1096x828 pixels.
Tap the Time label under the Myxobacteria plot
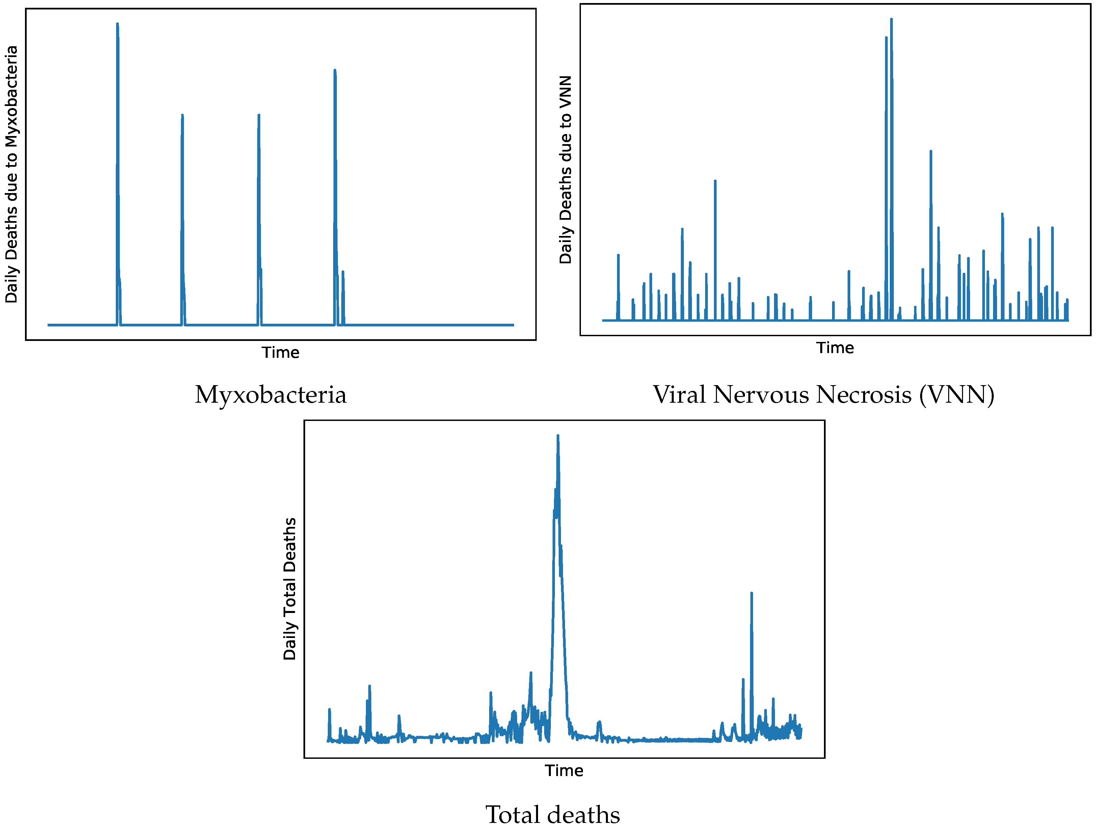point(280,353)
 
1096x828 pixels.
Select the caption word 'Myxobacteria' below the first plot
point(270,395)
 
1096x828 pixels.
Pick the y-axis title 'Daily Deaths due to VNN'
point(565,169)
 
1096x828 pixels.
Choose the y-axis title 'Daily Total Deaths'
point(289,589)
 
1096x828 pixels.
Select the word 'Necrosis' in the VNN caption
point(864,395)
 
